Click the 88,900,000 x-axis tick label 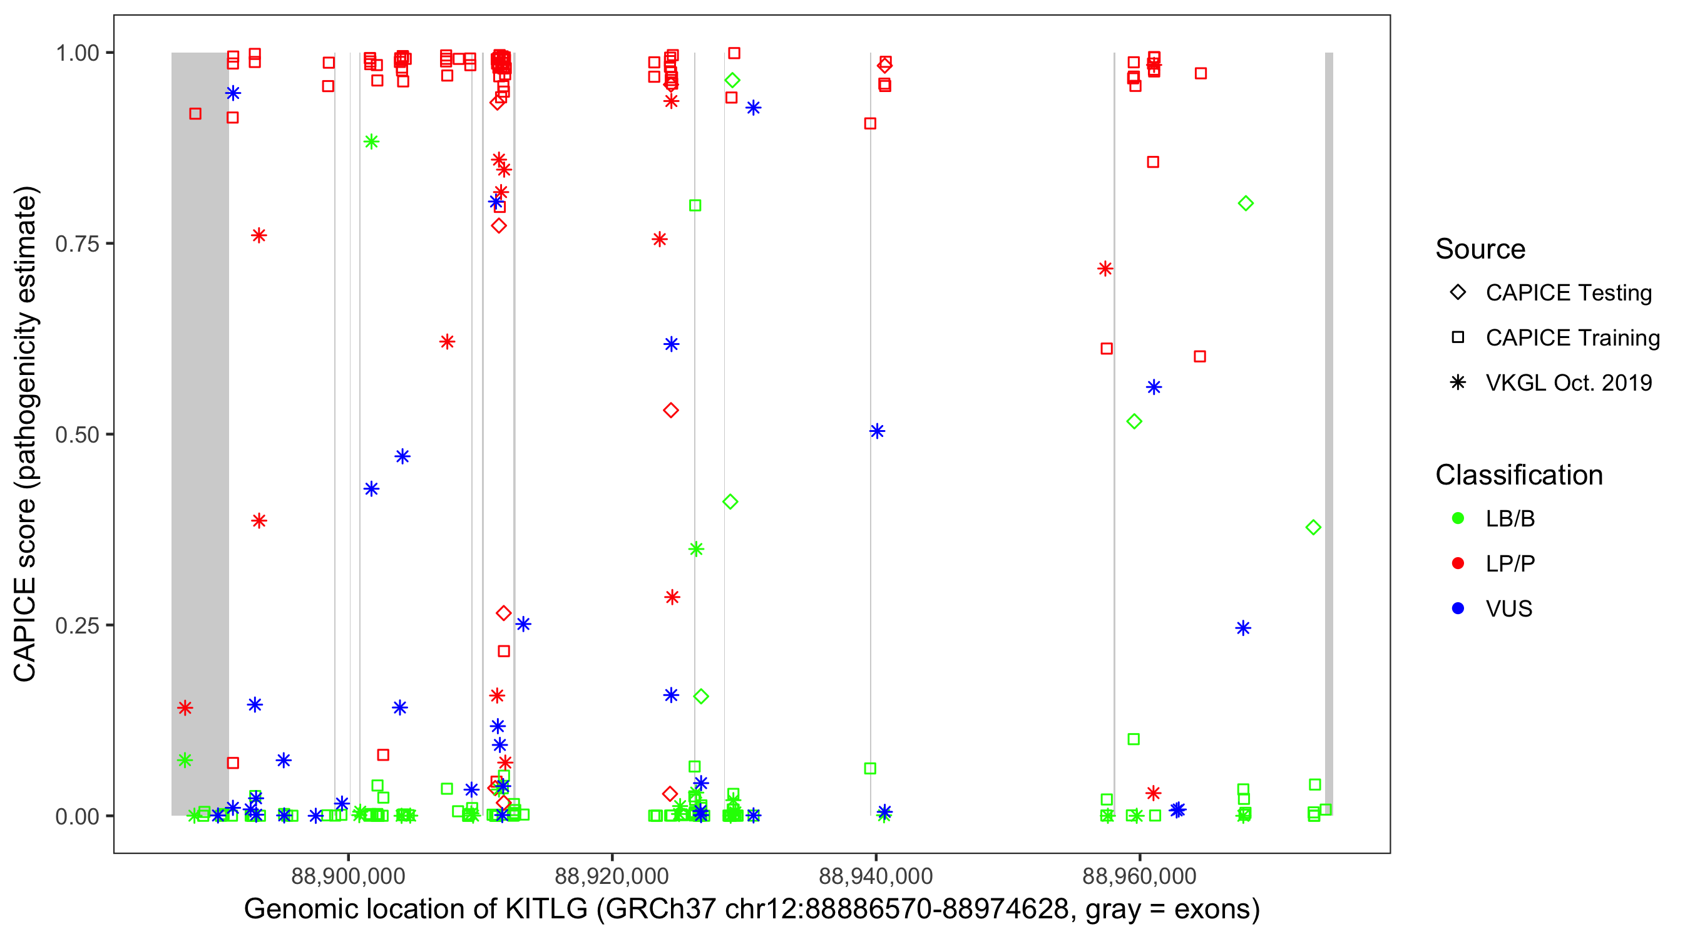point(348,875)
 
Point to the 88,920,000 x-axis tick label point(612,875)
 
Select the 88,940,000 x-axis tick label point(875,875)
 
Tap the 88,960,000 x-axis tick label point(1139,875)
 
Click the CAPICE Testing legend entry point(1568,293)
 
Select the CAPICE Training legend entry point(1572,338)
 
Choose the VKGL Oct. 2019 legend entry point(1568,382)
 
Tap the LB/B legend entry point(1510,518)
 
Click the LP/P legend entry point(1510,563)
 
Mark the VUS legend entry point(1508,609)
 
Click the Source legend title point(1480,249)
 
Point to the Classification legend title point(1518,475)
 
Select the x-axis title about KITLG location point(752,910)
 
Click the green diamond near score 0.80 point(1245,203)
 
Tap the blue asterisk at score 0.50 point(877,431)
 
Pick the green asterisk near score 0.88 point(371,141)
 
